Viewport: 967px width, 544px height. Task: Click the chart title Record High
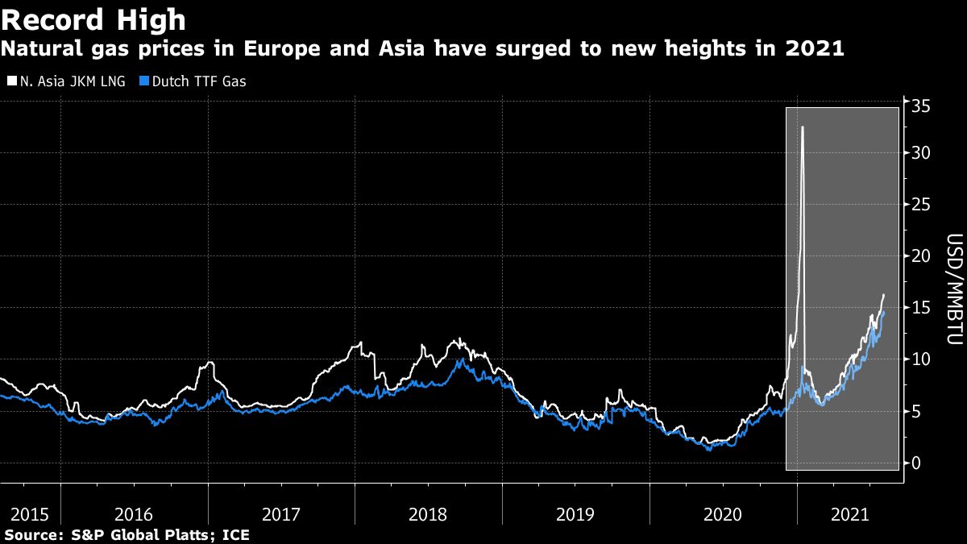94,19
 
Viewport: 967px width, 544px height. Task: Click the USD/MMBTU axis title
953,290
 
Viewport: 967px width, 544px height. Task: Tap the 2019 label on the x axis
575,514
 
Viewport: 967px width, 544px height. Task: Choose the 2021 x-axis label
850,514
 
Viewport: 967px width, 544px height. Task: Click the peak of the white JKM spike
802,127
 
